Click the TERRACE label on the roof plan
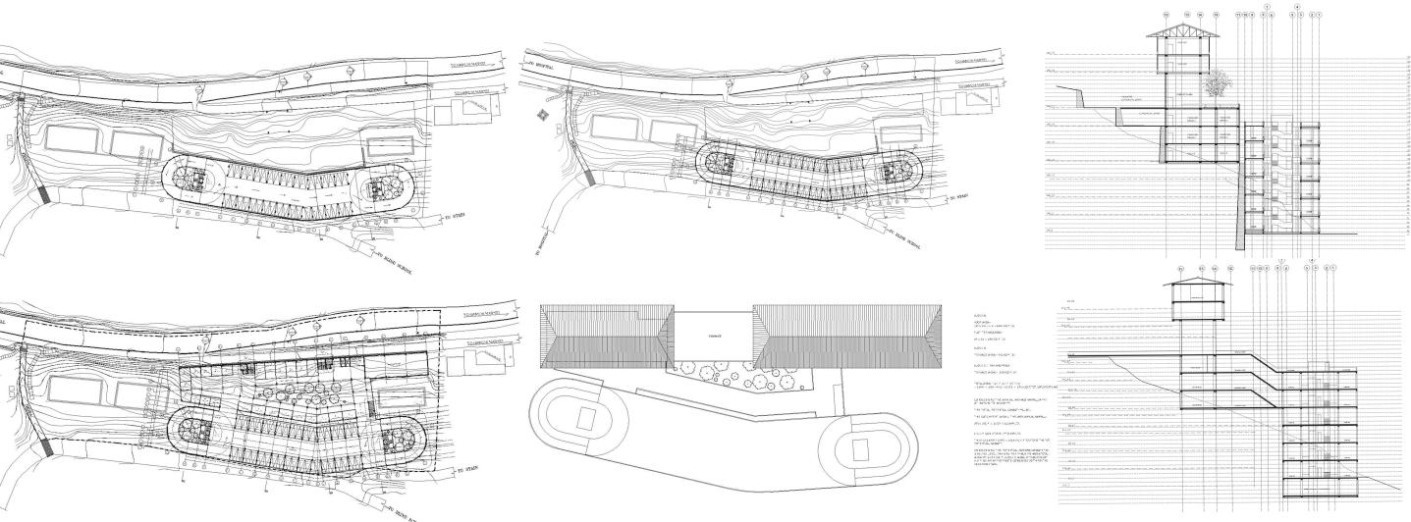(x=713, y=335)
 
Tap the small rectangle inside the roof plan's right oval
(x=861, y=451)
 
